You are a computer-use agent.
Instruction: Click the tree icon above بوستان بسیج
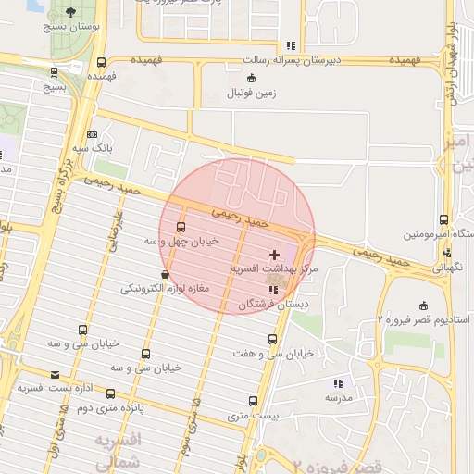coord(72,12)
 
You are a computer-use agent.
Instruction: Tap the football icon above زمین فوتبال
coord(252,78)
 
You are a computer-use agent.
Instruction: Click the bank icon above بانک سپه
coord(91,135)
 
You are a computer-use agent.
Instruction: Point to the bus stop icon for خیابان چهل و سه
coord(181,226)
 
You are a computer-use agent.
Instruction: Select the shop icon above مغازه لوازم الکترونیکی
coord(165,274)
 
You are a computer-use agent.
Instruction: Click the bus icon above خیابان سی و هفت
coord(272,339)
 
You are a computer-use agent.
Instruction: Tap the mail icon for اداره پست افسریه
coord(56,375)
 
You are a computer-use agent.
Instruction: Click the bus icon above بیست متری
coord(253,401)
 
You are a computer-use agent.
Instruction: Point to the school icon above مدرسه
coord(338,382)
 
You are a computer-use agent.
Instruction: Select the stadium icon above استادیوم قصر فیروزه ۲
coord(424,306)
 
